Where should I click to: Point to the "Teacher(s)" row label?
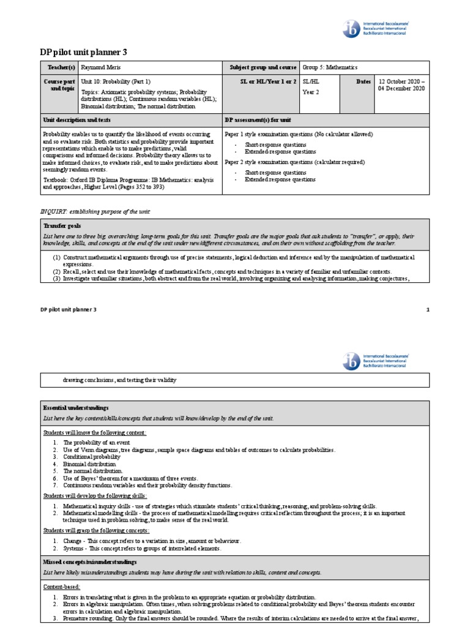click(x=58, y=67)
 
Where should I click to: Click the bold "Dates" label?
click(x=364, y=81)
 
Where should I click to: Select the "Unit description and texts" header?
click(x=76, y=120)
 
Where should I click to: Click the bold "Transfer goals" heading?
click(x=61, y=226)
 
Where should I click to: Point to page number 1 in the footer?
click(x=428, y=310)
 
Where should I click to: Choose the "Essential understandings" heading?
click(x=75, y=408)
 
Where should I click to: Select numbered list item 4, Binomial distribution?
click(x=89, y=465)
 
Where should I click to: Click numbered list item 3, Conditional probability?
click(x=92, y=457)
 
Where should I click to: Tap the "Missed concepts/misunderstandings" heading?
click(x=90, y=561)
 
